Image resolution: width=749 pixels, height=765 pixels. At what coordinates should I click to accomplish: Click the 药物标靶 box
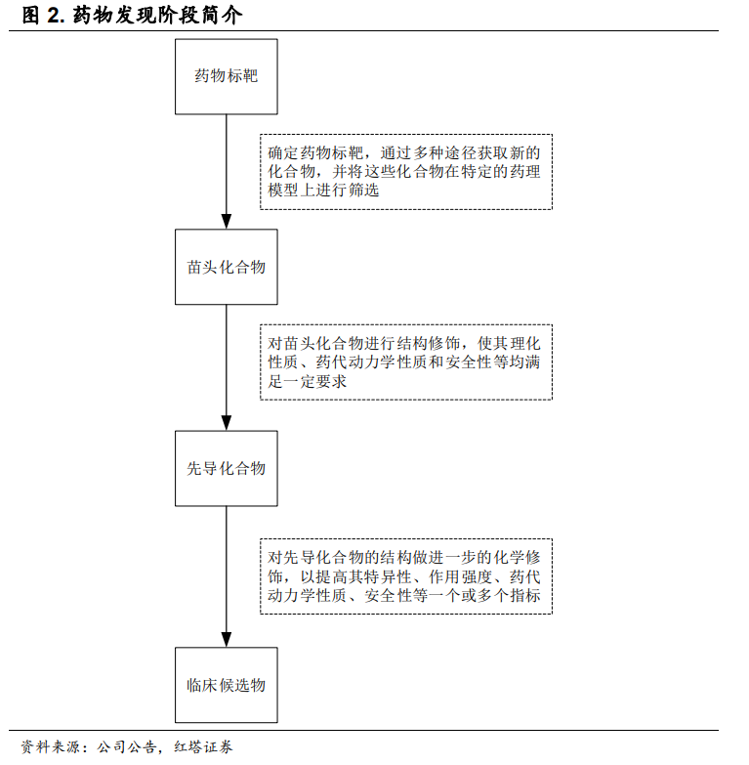[227, 77]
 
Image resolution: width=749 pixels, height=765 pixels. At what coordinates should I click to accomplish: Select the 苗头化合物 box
[227, 267]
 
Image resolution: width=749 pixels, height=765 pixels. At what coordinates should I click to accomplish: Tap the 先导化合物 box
[227, 468]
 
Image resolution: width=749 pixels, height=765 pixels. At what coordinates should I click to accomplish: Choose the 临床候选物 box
[227, 685]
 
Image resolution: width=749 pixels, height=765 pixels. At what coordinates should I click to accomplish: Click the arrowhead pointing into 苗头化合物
[227, 221]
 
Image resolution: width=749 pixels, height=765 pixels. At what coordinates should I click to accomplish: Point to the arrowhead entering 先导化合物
[227, 422]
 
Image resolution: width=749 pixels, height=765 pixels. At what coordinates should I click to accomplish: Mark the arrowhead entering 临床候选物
[227, 639]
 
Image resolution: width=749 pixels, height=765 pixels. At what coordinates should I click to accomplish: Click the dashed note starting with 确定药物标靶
[406, 172]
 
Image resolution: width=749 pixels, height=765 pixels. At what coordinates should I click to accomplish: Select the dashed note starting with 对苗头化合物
[406, 362]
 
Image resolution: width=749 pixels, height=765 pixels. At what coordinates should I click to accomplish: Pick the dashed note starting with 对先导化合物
[406, 576]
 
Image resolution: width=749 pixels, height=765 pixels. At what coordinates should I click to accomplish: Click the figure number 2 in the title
[53, 16]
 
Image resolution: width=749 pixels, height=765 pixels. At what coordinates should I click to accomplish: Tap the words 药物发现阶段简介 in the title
[157, 16]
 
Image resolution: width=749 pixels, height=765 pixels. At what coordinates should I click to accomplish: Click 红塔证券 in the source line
[203, 747]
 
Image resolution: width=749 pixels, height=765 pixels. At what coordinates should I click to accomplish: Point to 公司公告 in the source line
[126, 747]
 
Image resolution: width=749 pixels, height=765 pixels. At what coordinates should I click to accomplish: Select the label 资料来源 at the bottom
[50, 747]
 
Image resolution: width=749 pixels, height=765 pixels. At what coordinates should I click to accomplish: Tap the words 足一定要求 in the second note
[308, 381]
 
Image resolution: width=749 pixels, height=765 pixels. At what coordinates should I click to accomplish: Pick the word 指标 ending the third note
[525, 595]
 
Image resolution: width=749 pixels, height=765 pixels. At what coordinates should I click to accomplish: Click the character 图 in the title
[30, 16]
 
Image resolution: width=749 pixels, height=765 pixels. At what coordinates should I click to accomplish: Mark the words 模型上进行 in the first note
[308, 191]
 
